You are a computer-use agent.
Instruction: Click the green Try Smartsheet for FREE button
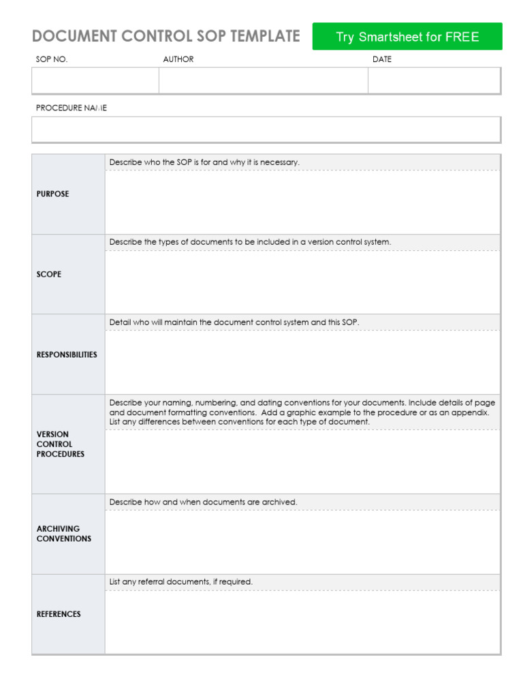coord(407,37)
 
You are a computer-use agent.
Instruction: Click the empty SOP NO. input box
coord(95,80)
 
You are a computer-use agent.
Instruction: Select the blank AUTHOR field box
coord(264,80)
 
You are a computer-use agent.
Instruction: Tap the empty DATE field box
coord(434,80)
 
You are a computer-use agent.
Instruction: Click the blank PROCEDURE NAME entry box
coord(266,129)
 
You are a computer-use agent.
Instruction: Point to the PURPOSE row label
coord(52,194)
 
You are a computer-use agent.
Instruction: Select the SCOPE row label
coord(49,274)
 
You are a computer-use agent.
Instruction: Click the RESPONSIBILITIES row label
coord(67,354)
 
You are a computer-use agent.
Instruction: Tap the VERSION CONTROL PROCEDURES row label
coord(61,444)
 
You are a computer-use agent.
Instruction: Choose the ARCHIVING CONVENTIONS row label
coord(63,534)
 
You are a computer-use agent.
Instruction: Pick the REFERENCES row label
coord(59,614)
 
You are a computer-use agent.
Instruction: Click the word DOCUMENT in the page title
coord(72,36)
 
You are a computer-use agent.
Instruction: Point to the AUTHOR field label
coord(178,59)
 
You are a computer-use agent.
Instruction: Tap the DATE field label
coord(382,59)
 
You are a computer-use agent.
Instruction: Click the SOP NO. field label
coord(52,59)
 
